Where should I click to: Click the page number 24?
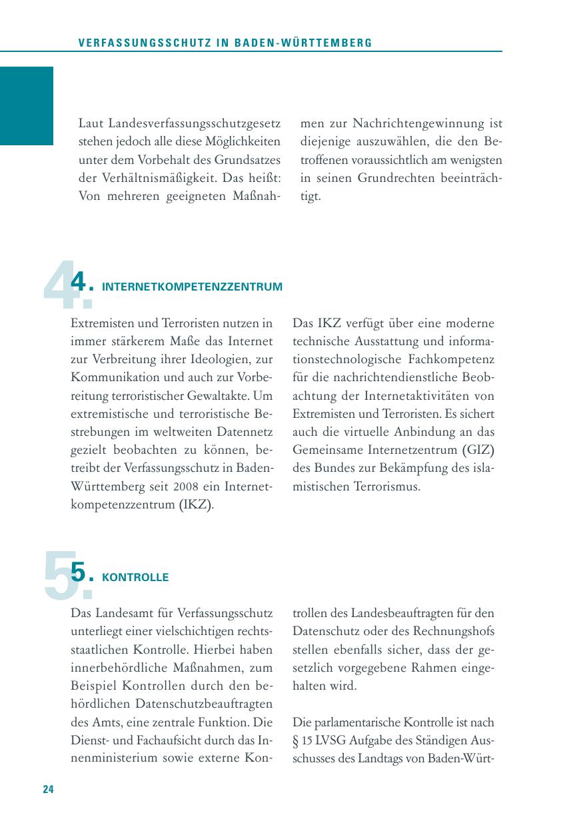pyautogui.click(x=48, y=789)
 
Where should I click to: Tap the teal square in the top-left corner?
pyautogui.click(x=26, y=105)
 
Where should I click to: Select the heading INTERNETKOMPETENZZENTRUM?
pyautogui.click(x=192, y=287)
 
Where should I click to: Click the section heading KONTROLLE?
pyautogui.click(x=135, y=578)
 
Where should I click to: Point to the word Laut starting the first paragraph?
pyautogui.click(x=92, y=124)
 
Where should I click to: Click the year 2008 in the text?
pyautogui.click(x=183, y=486)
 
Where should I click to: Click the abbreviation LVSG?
pyautogui.click(x=336, y=740)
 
